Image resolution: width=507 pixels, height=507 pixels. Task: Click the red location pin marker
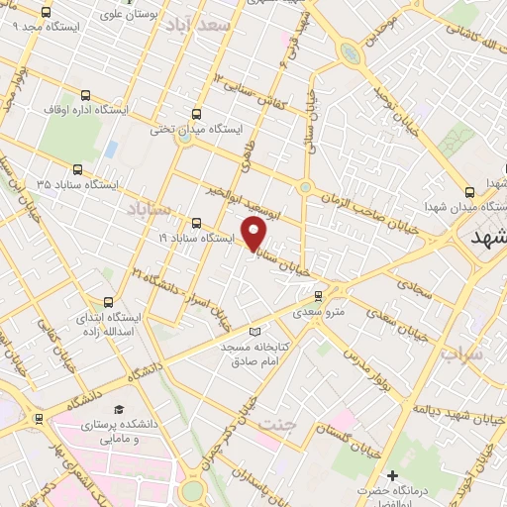point(254,234)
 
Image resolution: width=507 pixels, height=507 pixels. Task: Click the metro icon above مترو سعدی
point(318,295)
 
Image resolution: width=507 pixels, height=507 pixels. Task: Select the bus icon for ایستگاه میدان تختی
point(196,113)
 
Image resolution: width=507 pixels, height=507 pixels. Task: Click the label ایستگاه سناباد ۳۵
point(76,184)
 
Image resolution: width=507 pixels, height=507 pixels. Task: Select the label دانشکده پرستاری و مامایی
point(120,431)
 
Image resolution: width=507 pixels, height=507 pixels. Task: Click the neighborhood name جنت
point(278,425)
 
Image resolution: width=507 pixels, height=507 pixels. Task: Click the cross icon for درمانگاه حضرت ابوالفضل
point(393,477)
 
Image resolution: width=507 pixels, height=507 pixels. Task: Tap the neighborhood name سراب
point(460,353)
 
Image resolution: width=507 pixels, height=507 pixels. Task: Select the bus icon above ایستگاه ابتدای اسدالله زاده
point(108,301)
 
